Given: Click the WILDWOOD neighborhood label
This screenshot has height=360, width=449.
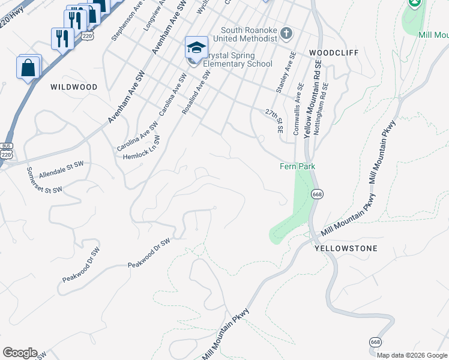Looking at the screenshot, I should click(74, 87).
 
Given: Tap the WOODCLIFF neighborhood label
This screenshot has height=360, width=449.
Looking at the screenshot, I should click(334, 53).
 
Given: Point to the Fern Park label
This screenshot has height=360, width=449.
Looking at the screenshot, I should click(298, 166).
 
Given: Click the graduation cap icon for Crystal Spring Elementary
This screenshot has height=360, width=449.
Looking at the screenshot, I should click(196, 47).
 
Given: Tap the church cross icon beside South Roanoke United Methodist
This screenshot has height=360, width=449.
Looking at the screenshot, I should click(286, 34).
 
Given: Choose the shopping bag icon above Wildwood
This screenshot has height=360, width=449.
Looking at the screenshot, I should click(28, 67).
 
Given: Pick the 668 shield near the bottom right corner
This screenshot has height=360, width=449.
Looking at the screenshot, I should click(376, 341).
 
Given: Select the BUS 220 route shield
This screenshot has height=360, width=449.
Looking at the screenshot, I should click(7, 151).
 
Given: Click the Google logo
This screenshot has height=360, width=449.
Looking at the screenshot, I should click(20, 353).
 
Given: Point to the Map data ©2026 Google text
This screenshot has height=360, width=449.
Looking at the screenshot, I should click(411, 355).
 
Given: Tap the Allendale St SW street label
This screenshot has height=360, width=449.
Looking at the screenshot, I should click(61, 169).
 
